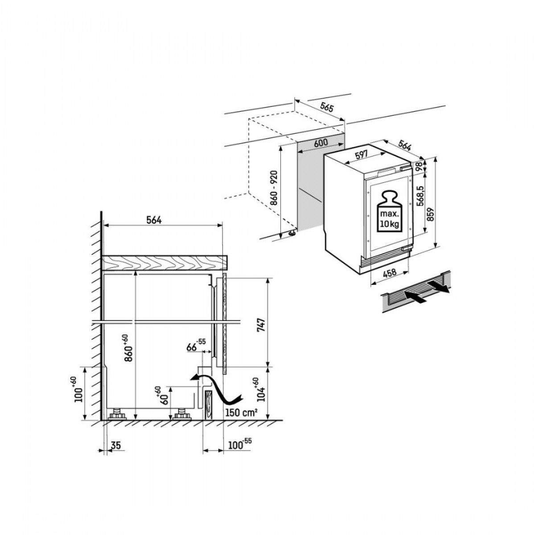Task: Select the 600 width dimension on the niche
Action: (321, 143)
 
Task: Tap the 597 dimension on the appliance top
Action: (361, 155)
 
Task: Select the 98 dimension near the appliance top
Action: (419, 168)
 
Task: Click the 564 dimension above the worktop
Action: (153, 220)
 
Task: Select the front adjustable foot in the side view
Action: (182, 414)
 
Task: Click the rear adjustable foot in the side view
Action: (117, 414)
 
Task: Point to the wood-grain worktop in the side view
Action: (165, 262)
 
